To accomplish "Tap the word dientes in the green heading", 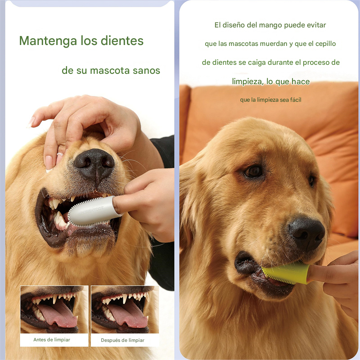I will coord(121,41).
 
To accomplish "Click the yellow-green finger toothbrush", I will coord(285,273).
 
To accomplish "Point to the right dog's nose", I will coord(306,232).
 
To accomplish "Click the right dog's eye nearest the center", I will coord(254,171).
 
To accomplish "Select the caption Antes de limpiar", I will coord(52,340).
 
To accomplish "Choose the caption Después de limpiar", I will coord(122,340).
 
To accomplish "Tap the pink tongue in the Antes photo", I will coord(58,315).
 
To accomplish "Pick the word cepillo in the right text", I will coord(324,44).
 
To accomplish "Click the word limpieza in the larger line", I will coord(247,81).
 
